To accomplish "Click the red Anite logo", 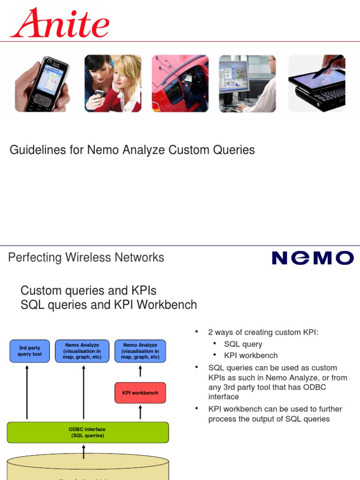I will click(x=60, y=23).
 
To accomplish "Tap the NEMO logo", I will click(x=313, y=258).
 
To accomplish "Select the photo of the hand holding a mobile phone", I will click(x=43, y=84).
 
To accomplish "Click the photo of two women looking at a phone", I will click(x=112, y=83).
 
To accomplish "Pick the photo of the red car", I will click(x=180, y=83).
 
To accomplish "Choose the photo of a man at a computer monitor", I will click(x=247, y=83).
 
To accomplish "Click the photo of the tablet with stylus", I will click(x=317, y=83).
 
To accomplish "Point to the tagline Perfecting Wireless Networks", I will click(x=86, y=257).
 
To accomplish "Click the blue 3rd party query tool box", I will click(x=30, y=351).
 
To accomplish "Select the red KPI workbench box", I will click(x=140, y=393).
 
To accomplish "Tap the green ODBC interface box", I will click(x=88, y=432).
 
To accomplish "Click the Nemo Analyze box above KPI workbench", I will click(x=140, y=351).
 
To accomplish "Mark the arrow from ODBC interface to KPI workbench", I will click(x=140, y=412).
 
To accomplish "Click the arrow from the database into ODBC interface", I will click(x=84, y=452).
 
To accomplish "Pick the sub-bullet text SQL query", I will click(x=243, y=344).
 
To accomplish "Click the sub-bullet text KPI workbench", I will click(x=251, y=355).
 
